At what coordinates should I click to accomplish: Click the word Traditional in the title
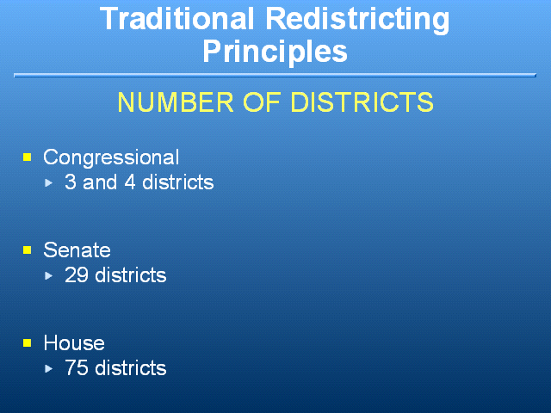click(x=176, y=19)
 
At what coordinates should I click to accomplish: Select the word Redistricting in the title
click(x=357, y=21)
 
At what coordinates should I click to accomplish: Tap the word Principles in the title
click(x=275, y=52)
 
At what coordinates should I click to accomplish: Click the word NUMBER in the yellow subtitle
click(x=176, y=102)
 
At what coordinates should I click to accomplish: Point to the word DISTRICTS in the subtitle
click(x=362, y=102)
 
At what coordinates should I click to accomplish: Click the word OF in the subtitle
click(x=262, y=102)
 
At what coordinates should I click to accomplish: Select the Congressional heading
click(x=111, y=157)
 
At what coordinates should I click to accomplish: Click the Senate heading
click(x=77, y=250)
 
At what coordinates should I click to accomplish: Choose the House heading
click(x=74, y=342)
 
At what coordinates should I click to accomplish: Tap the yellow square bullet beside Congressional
click(x=28, y=157)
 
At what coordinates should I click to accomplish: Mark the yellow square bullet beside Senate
click(x=28, y=250)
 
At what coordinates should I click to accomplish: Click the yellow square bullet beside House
click(x=28, y=342)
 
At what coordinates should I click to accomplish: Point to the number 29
click(x=77, y=275)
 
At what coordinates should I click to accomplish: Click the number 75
click(x=77, y=367)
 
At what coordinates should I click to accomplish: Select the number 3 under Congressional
click(x=71, y=182)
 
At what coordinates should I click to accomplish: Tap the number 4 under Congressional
click(x=130, y=182)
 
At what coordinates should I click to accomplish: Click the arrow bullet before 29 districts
click(x=49, y=275)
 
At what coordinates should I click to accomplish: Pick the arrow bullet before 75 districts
click(x=49, y=368)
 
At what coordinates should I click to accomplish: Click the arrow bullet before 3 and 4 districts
click(x=49, y=183)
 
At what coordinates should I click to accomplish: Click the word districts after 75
click(x=131, y=367)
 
